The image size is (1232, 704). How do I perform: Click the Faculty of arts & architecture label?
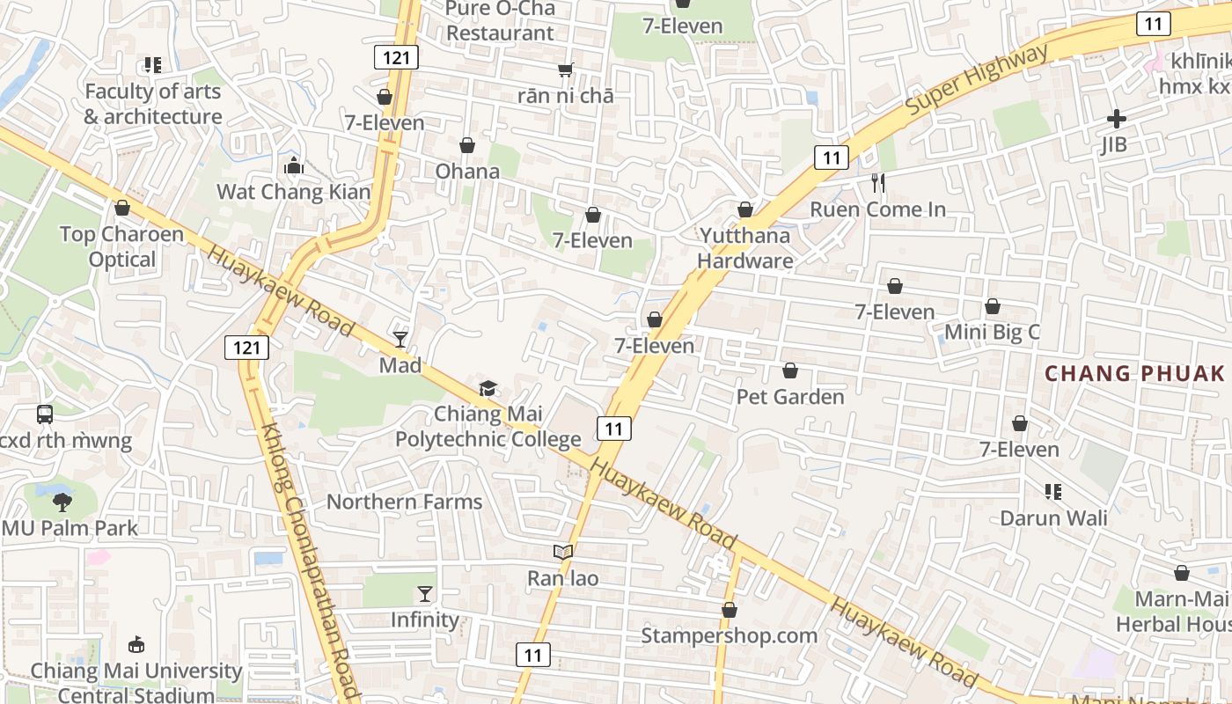[x=153, y=104]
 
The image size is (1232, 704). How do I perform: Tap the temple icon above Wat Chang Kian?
[x=293, y=165]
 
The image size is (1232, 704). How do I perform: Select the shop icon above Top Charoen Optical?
[x=122, y=208]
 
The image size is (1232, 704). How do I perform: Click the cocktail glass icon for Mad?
[x=400, y=339]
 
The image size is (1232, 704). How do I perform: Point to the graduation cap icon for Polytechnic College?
[x=488, y=388]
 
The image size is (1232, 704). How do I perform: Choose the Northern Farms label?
[x=404, y=502]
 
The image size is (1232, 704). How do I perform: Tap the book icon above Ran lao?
[x=563, y=552]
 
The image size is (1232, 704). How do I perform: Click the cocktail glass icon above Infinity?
[x=425, y=594]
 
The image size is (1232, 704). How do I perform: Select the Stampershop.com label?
[x=729, y=635]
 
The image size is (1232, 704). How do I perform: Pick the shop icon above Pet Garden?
[x=790, y=370]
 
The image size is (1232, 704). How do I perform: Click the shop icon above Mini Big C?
[x=992, y=306]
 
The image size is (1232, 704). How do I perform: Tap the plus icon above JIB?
[x=1116, y=119]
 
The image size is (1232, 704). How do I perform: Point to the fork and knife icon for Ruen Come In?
[x=877, y=183]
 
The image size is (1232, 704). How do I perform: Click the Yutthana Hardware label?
[x=744, y=248]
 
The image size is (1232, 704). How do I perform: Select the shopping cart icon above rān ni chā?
[x=565, y=70]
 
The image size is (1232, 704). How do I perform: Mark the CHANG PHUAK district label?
[x=1134, y=373]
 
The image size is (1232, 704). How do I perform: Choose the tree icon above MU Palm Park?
[x=62, y=502]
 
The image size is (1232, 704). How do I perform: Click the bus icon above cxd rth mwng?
[x=45, y=414]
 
